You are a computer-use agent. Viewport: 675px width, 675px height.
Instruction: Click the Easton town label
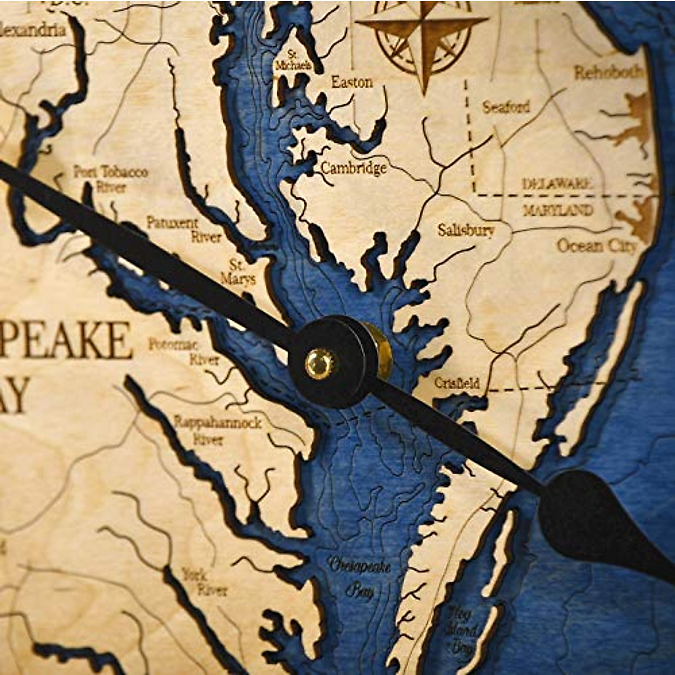352,83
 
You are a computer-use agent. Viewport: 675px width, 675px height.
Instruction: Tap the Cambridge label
354,168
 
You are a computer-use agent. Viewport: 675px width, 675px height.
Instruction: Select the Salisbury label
466,230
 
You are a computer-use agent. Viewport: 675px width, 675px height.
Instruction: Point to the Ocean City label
597,246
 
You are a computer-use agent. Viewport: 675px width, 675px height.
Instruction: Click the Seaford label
506,107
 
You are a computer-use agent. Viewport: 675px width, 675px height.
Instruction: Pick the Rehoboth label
608,73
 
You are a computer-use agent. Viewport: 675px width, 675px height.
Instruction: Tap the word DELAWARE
557,184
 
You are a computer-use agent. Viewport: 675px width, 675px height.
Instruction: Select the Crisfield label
457,383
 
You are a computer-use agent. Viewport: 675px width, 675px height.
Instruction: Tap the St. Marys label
238,272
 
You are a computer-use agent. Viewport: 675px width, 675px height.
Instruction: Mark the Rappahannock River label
217,430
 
